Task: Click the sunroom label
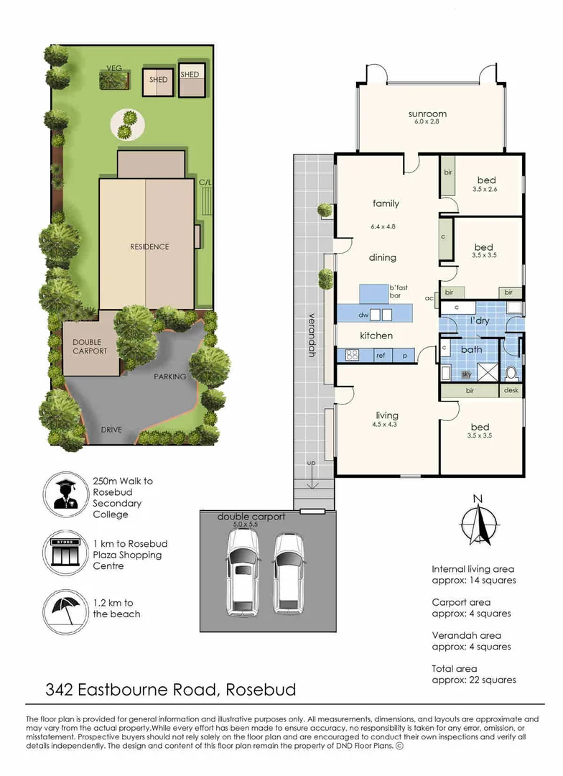428,114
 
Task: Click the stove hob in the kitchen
352,355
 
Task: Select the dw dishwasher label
363,315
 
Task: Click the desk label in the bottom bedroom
511,391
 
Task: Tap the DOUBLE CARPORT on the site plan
90,347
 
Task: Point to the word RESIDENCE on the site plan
149,247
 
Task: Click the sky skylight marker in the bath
466,374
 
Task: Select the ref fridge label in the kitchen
381,355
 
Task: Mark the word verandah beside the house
312,335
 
